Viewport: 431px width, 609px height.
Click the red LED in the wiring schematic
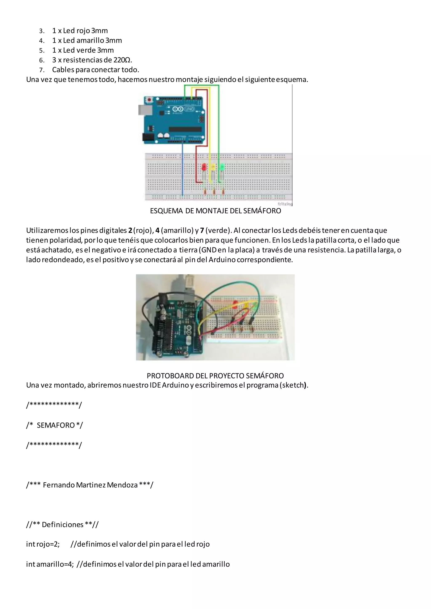(204, 167)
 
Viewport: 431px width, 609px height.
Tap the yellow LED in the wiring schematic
(213, 168)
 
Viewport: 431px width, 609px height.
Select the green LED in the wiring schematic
(222, 167)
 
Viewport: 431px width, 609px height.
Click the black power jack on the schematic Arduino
(146, 137)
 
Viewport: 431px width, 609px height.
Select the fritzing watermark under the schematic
(285, 204)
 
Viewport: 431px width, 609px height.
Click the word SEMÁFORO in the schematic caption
(262, 211)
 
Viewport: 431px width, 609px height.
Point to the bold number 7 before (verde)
(202, 230)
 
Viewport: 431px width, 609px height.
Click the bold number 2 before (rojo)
(130, 230)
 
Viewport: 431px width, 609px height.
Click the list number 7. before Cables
(42, 70)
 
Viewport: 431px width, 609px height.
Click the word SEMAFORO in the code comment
(56, 425)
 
